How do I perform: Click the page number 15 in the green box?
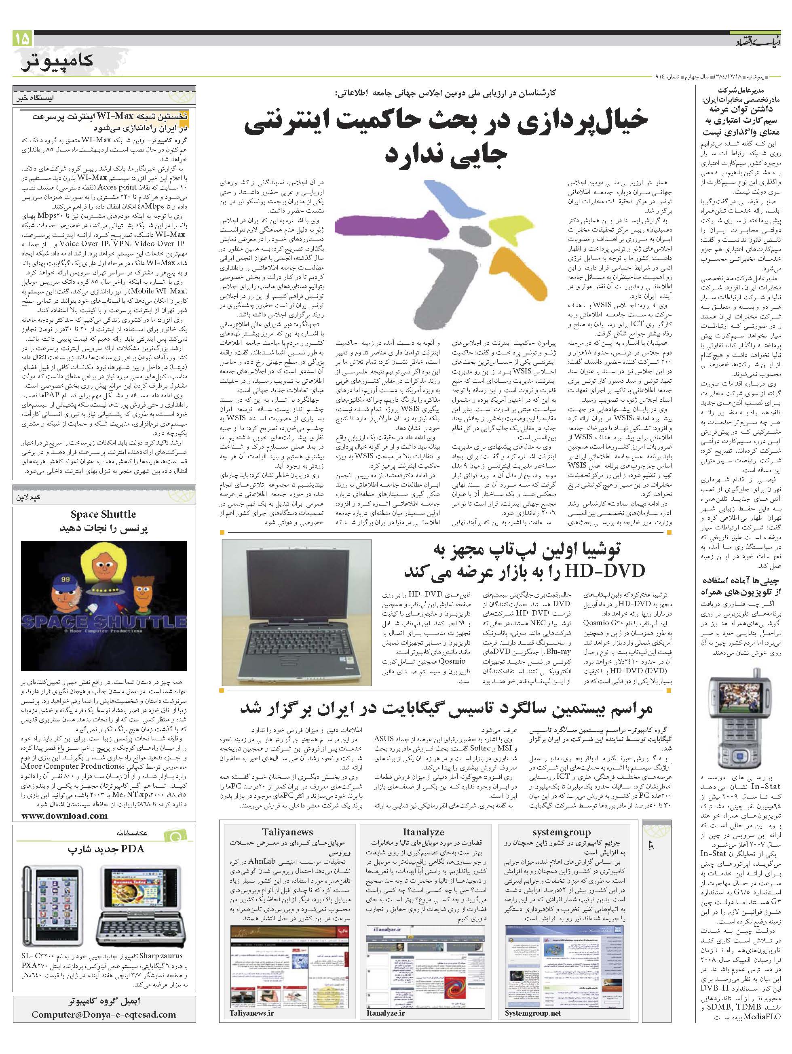coord(22,38)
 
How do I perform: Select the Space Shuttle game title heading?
coord(103,514)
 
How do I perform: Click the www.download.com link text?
coord(65,815)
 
